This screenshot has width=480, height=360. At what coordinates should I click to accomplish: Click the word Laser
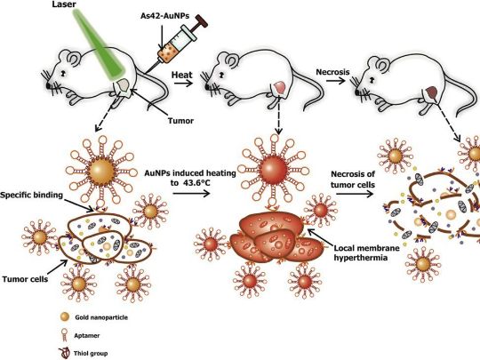(x=64, y=4)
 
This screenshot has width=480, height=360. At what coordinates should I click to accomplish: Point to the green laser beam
(x=99, y=44)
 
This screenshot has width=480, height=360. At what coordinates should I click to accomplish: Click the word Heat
(x=182, y=75)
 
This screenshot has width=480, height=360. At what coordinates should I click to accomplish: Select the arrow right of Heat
(x=183, y=83)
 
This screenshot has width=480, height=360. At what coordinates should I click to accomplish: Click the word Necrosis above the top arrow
(x=332, y=72)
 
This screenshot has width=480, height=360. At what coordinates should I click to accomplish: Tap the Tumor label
(x=180, y=121)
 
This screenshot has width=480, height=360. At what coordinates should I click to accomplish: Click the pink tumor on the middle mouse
(x=279, y=87)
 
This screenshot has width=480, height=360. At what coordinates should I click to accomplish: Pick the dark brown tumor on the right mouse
(x=432, y=92)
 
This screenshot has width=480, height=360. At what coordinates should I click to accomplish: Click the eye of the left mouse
(x=63, y=74)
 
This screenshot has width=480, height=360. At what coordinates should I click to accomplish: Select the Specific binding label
(x=31, y=195)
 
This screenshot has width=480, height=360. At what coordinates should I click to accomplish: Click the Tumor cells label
(x=25, y=279)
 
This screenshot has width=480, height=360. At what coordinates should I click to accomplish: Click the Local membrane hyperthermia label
(x=366, y=252)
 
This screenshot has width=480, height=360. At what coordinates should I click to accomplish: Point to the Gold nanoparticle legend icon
(x=65, y=317)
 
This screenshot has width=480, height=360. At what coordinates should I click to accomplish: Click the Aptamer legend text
(x=86, y=335)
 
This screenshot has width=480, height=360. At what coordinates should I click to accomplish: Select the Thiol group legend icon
(x=65, y=353)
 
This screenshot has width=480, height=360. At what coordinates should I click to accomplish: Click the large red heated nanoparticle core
(x=273, y=169)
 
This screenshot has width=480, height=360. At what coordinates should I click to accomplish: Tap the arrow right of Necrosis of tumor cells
(x=355, y=194)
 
